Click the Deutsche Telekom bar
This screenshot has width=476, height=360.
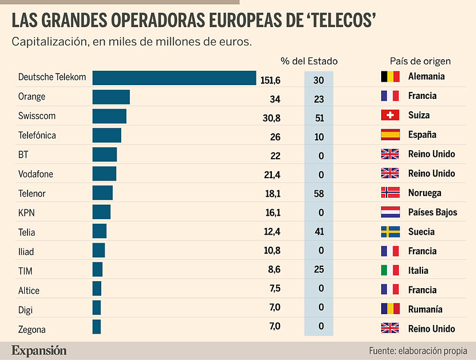[174, 78]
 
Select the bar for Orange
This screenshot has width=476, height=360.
[111, 97]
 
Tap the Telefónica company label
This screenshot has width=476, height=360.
[37, 136]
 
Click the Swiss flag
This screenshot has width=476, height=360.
[390, 115]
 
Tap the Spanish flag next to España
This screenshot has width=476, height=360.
[390, 135]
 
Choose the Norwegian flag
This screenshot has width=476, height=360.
[390, 193]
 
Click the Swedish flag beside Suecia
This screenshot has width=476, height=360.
[390, 232]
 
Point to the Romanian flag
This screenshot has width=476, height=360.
[390, 309]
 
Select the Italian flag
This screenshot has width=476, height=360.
[390, 270]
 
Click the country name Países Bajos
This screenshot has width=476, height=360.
[432, 212]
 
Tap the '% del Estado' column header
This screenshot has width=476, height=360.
[309, 60]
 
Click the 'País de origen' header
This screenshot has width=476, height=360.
[420, 60]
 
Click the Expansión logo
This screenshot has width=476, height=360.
[39, 350]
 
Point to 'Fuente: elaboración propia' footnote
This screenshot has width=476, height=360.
[422, 350]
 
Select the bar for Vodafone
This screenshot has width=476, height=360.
[104, 174]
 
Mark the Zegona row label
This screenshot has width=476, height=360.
[32, 330]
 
